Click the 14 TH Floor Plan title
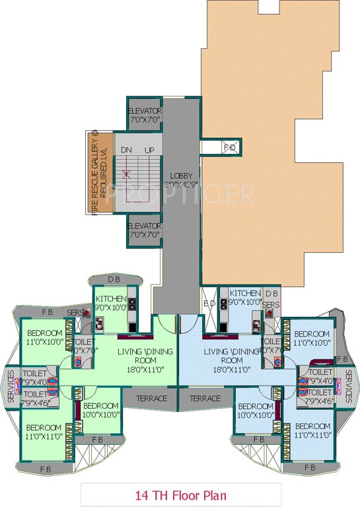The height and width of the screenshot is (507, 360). (180, 494)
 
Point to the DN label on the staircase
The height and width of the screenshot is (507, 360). (127, 151)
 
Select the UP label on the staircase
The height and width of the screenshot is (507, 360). (149, 151)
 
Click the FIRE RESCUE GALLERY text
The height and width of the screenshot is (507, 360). (94, 173)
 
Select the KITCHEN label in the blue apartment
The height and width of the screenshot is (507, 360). (245, 292)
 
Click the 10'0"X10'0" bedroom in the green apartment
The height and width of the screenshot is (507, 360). (100, 410)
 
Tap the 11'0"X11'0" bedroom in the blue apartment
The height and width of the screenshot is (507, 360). (312, 430)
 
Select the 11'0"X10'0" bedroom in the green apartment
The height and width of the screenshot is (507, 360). (45, 337)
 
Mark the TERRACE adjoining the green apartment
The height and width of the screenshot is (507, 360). (153, 399)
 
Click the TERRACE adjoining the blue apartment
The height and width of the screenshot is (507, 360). (205, 399)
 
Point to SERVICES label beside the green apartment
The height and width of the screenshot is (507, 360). (11, 386)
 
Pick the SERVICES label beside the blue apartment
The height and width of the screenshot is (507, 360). (348, 386)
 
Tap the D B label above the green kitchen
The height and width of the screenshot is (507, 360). (114, 279)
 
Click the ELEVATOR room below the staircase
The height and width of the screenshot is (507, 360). (145, 230)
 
